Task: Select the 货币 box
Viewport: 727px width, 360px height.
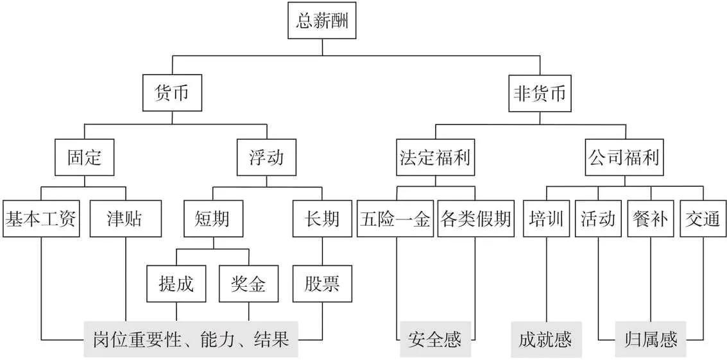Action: pyautogui.click(x=171, y=94)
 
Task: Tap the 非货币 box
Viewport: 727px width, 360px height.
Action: pyautogui.click(x=539, y=94)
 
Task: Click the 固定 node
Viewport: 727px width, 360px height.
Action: pyautogui.click(x=85, y=157)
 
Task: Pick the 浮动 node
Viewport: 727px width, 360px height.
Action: pyautogui.click(x=266, y=157)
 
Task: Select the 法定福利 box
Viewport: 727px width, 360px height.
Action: pyautogui.click(x=435, y=157)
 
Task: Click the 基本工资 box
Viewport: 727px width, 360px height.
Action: pyautogui.click(x=41, y=219)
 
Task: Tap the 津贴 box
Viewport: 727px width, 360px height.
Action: pyautogui.click(x=124, y=219)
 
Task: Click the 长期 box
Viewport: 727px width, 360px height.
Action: pyautogui.click(x=322, y=219)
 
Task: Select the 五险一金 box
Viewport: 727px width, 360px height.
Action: pyautogui.click(x=395, y=219)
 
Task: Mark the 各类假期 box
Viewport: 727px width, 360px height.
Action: pyautogui.click(x=475, y=219)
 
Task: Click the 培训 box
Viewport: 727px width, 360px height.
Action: pyautogui.click(x=546, y=219)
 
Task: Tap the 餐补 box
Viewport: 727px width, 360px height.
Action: pyautogui.click(x=651, y=219)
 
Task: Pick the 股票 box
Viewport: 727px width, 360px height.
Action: pyautogui.click(x=322, y=283)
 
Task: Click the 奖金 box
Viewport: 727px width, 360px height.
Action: pyautogui.click(x=248, y=283)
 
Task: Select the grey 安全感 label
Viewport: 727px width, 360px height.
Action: pyautogui.click(x=434, y=339)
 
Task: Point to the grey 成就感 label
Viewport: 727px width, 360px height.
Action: pyautogui.click(x=546, y=339)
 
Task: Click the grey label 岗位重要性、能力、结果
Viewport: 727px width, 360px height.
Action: pyautogui.click(x=191, y=339)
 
